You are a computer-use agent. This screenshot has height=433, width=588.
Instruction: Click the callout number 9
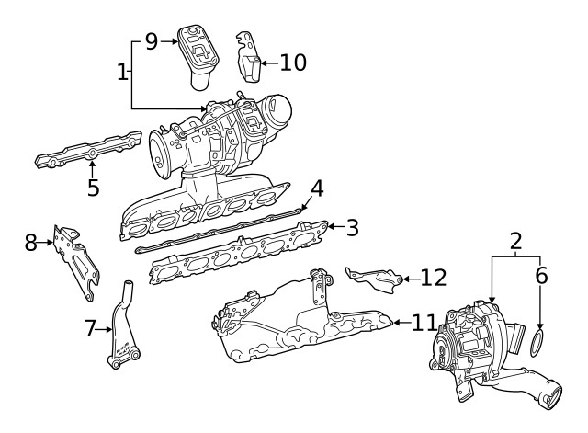pyautogui.click(x=152, y=41)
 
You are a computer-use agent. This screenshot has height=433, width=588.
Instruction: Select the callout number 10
pyautogui.click(x=293, y=63)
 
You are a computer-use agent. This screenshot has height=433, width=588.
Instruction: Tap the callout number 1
pyautogui.click(x=122, y=72)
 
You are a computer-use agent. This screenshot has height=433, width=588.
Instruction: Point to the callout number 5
pyautogui.click(x=94, y=188)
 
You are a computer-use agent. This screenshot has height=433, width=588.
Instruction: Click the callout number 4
pyautogui.click(x=317, y=188)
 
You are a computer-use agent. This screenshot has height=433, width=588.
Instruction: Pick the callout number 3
pyautogui.click(x=352, y=227)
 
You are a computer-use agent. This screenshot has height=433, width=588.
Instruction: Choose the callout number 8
pyautogui.click(x=31, y=243)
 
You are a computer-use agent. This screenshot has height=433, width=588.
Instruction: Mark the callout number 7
pyautogui.click(x=90, y=329)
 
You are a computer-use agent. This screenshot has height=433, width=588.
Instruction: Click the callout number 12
pyautogui.click(x=434, y=278)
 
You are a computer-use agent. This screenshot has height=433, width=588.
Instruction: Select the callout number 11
pyautogui.click(x=424, y=323)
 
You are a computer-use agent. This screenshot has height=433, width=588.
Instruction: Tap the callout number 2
pyautogui.click(x=516, y=241)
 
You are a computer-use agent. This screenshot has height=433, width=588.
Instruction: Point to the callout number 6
pyautogui.click(x=541, y=276)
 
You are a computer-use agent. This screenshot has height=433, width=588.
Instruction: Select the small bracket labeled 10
pyautogui.click(x=248, y=57)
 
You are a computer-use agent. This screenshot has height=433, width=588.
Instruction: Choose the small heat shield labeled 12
pyautogui.click(x=375, y=279)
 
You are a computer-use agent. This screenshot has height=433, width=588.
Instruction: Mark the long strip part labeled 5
pyautogui.click(x=89, y=150)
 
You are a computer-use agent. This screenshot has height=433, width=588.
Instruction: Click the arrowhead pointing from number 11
pyautogui.click(x=396, y=323)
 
